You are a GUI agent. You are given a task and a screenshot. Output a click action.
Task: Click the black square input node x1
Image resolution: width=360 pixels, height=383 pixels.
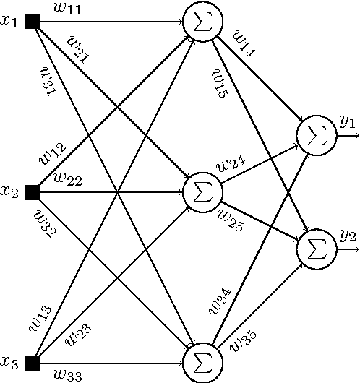tap(32, 22)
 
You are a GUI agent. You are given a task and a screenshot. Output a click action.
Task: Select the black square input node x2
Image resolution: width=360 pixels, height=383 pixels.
tap(32, 192)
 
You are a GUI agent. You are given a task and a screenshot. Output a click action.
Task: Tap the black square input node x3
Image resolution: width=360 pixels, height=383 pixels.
tap(32, 362)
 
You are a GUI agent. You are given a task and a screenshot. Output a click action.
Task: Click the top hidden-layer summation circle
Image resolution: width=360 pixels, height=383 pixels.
tap(202, 22)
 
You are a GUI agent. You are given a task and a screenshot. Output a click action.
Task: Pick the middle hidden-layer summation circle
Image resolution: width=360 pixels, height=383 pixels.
tap(202, 192)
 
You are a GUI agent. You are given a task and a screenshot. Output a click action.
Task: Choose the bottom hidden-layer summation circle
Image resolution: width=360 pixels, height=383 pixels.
tap(202, 362)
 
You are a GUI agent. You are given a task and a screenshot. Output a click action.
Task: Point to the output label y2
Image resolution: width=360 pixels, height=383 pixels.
tap(347, 236)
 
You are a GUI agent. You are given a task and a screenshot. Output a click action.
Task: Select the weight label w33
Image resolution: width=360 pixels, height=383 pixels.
tap(67, 374)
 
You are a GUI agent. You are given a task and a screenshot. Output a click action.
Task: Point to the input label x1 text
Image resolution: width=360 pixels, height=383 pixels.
tap(9, 22)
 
